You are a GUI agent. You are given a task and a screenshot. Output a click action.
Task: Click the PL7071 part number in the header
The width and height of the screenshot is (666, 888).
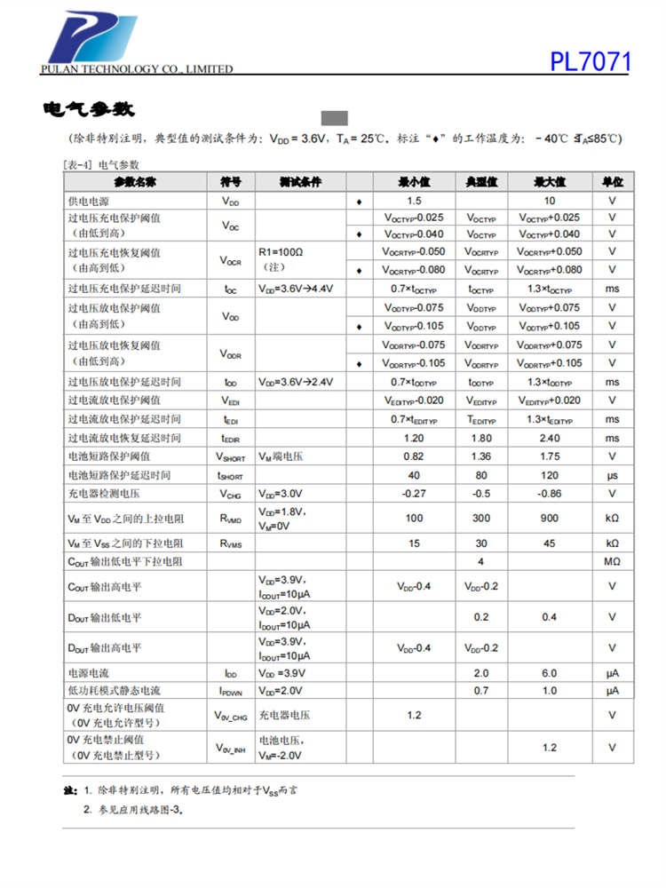click(x=590, y=62)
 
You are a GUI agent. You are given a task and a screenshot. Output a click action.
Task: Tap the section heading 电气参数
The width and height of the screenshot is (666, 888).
click(x=88, y=110)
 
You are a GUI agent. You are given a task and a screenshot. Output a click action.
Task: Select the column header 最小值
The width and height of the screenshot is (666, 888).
click(x=414, y=182)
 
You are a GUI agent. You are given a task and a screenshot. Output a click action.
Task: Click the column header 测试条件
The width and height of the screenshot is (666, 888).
click(x=299, y=182)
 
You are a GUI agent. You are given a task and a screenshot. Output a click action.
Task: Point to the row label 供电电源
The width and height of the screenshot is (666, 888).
click(x=89, y=202)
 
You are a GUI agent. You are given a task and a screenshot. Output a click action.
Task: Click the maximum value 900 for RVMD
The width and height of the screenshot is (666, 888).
click(x=550, y=518)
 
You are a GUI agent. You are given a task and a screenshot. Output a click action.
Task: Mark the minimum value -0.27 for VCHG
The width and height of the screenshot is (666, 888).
click(x=414, y=493)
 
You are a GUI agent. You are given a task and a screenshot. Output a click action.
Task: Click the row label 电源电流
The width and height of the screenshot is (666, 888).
click(x=89, y=673)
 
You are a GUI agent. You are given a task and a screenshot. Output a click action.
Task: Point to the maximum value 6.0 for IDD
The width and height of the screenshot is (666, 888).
click(x=550, y=673)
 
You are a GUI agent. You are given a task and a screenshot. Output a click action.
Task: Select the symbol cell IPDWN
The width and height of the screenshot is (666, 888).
click(x=230, y=691)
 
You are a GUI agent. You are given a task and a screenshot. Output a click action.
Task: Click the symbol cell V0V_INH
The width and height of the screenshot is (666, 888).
click(x=230, y=749)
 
